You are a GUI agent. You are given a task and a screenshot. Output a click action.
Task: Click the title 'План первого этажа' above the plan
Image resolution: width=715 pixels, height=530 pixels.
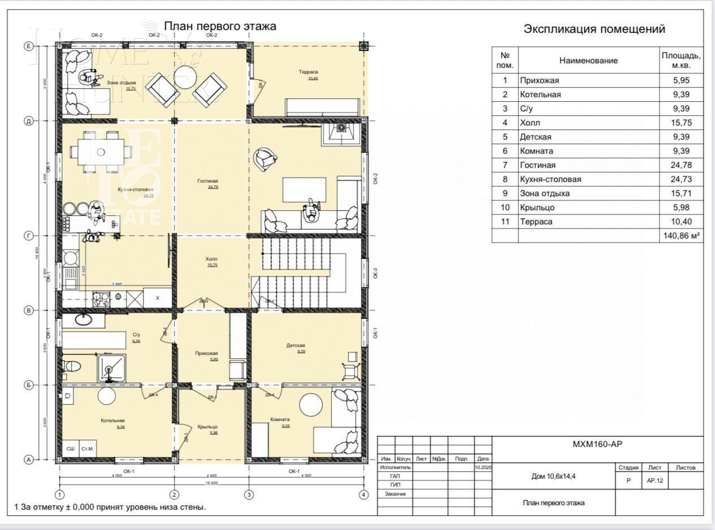coord(220,26)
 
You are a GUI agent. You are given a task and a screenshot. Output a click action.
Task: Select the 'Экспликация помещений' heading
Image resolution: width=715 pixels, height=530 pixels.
coord(594,29)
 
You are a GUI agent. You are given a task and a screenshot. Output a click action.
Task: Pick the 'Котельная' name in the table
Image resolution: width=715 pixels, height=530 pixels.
coord(540,94)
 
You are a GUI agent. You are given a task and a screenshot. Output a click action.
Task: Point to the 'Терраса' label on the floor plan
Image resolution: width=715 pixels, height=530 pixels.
coord(308,72)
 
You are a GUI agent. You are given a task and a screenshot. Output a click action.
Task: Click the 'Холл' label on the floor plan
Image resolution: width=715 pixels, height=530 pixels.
coord(211,260)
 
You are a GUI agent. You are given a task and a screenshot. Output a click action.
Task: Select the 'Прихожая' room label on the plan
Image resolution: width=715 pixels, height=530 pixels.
coord(206,353)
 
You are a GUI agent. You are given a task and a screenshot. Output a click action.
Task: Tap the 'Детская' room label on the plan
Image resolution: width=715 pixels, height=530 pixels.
coord(295,345)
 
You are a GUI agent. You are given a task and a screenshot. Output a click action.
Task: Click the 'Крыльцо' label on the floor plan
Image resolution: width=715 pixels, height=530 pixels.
coord(208,427)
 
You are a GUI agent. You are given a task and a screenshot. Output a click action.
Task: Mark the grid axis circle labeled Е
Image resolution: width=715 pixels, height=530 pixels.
coord(29,46)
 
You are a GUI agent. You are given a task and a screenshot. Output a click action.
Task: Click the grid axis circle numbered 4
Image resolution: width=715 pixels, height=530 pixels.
coord(364,495)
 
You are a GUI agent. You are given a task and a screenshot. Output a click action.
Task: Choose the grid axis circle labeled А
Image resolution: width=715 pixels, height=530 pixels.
coord(29,459)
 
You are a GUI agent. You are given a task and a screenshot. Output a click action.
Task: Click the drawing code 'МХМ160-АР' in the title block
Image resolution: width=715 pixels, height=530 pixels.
coord(598,444)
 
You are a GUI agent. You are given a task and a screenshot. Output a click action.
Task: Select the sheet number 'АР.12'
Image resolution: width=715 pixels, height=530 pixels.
coord(655,480)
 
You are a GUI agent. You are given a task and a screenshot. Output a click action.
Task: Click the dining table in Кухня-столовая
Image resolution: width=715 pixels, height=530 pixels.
coord(101,151)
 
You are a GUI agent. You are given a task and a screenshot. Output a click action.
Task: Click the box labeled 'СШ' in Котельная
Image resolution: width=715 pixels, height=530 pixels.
coord(71,449)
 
